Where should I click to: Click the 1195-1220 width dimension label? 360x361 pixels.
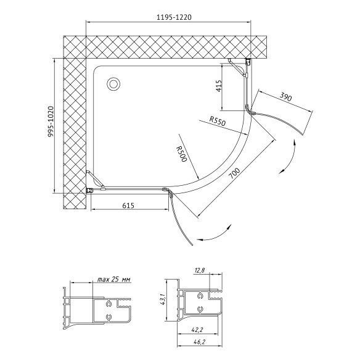174,17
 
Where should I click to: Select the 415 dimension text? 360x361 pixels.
219,86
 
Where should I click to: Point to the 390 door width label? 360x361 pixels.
286,97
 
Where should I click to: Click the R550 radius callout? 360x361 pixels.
218,121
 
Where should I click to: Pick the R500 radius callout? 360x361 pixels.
181,154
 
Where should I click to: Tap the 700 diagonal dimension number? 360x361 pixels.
234,173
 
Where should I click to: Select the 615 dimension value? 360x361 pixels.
128,205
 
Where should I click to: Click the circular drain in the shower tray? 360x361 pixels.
113,84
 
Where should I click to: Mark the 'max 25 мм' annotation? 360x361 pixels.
113,280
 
